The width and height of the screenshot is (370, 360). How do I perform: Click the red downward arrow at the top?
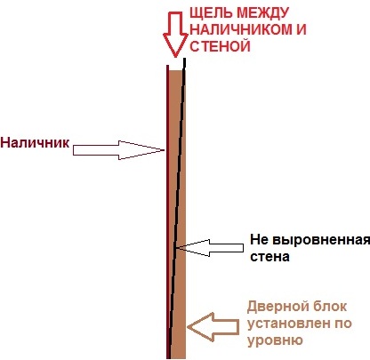[x=175, y=34]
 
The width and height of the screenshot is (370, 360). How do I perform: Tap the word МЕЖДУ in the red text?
[x=263, y=12]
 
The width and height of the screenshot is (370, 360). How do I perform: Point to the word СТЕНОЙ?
[x=220, y=46]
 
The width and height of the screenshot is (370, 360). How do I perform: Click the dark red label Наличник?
[x=35, y=142]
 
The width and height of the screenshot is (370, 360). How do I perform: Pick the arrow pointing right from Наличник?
[x=118, y=150]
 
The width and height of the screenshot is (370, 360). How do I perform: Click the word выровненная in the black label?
[x=321, y=241]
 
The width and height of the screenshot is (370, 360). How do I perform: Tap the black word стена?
[x=269, y=257]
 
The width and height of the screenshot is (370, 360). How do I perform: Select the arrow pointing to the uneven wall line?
[x=210, y=248]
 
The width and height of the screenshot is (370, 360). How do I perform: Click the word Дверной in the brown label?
[x=274, y=307]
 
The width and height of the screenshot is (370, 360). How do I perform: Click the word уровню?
[x=275, y=340]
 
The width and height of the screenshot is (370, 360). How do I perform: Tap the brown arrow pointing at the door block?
[x=213, y=327]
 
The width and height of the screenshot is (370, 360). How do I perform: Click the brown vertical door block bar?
[x=177, y=214]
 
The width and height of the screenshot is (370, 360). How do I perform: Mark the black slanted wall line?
[x=177, y=208]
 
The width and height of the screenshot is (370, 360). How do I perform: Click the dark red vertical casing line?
[x=167, y=212]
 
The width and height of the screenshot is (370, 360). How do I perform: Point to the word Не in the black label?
[x=260, y=240]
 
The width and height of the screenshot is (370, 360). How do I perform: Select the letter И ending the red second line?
[x=302, y=29]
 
